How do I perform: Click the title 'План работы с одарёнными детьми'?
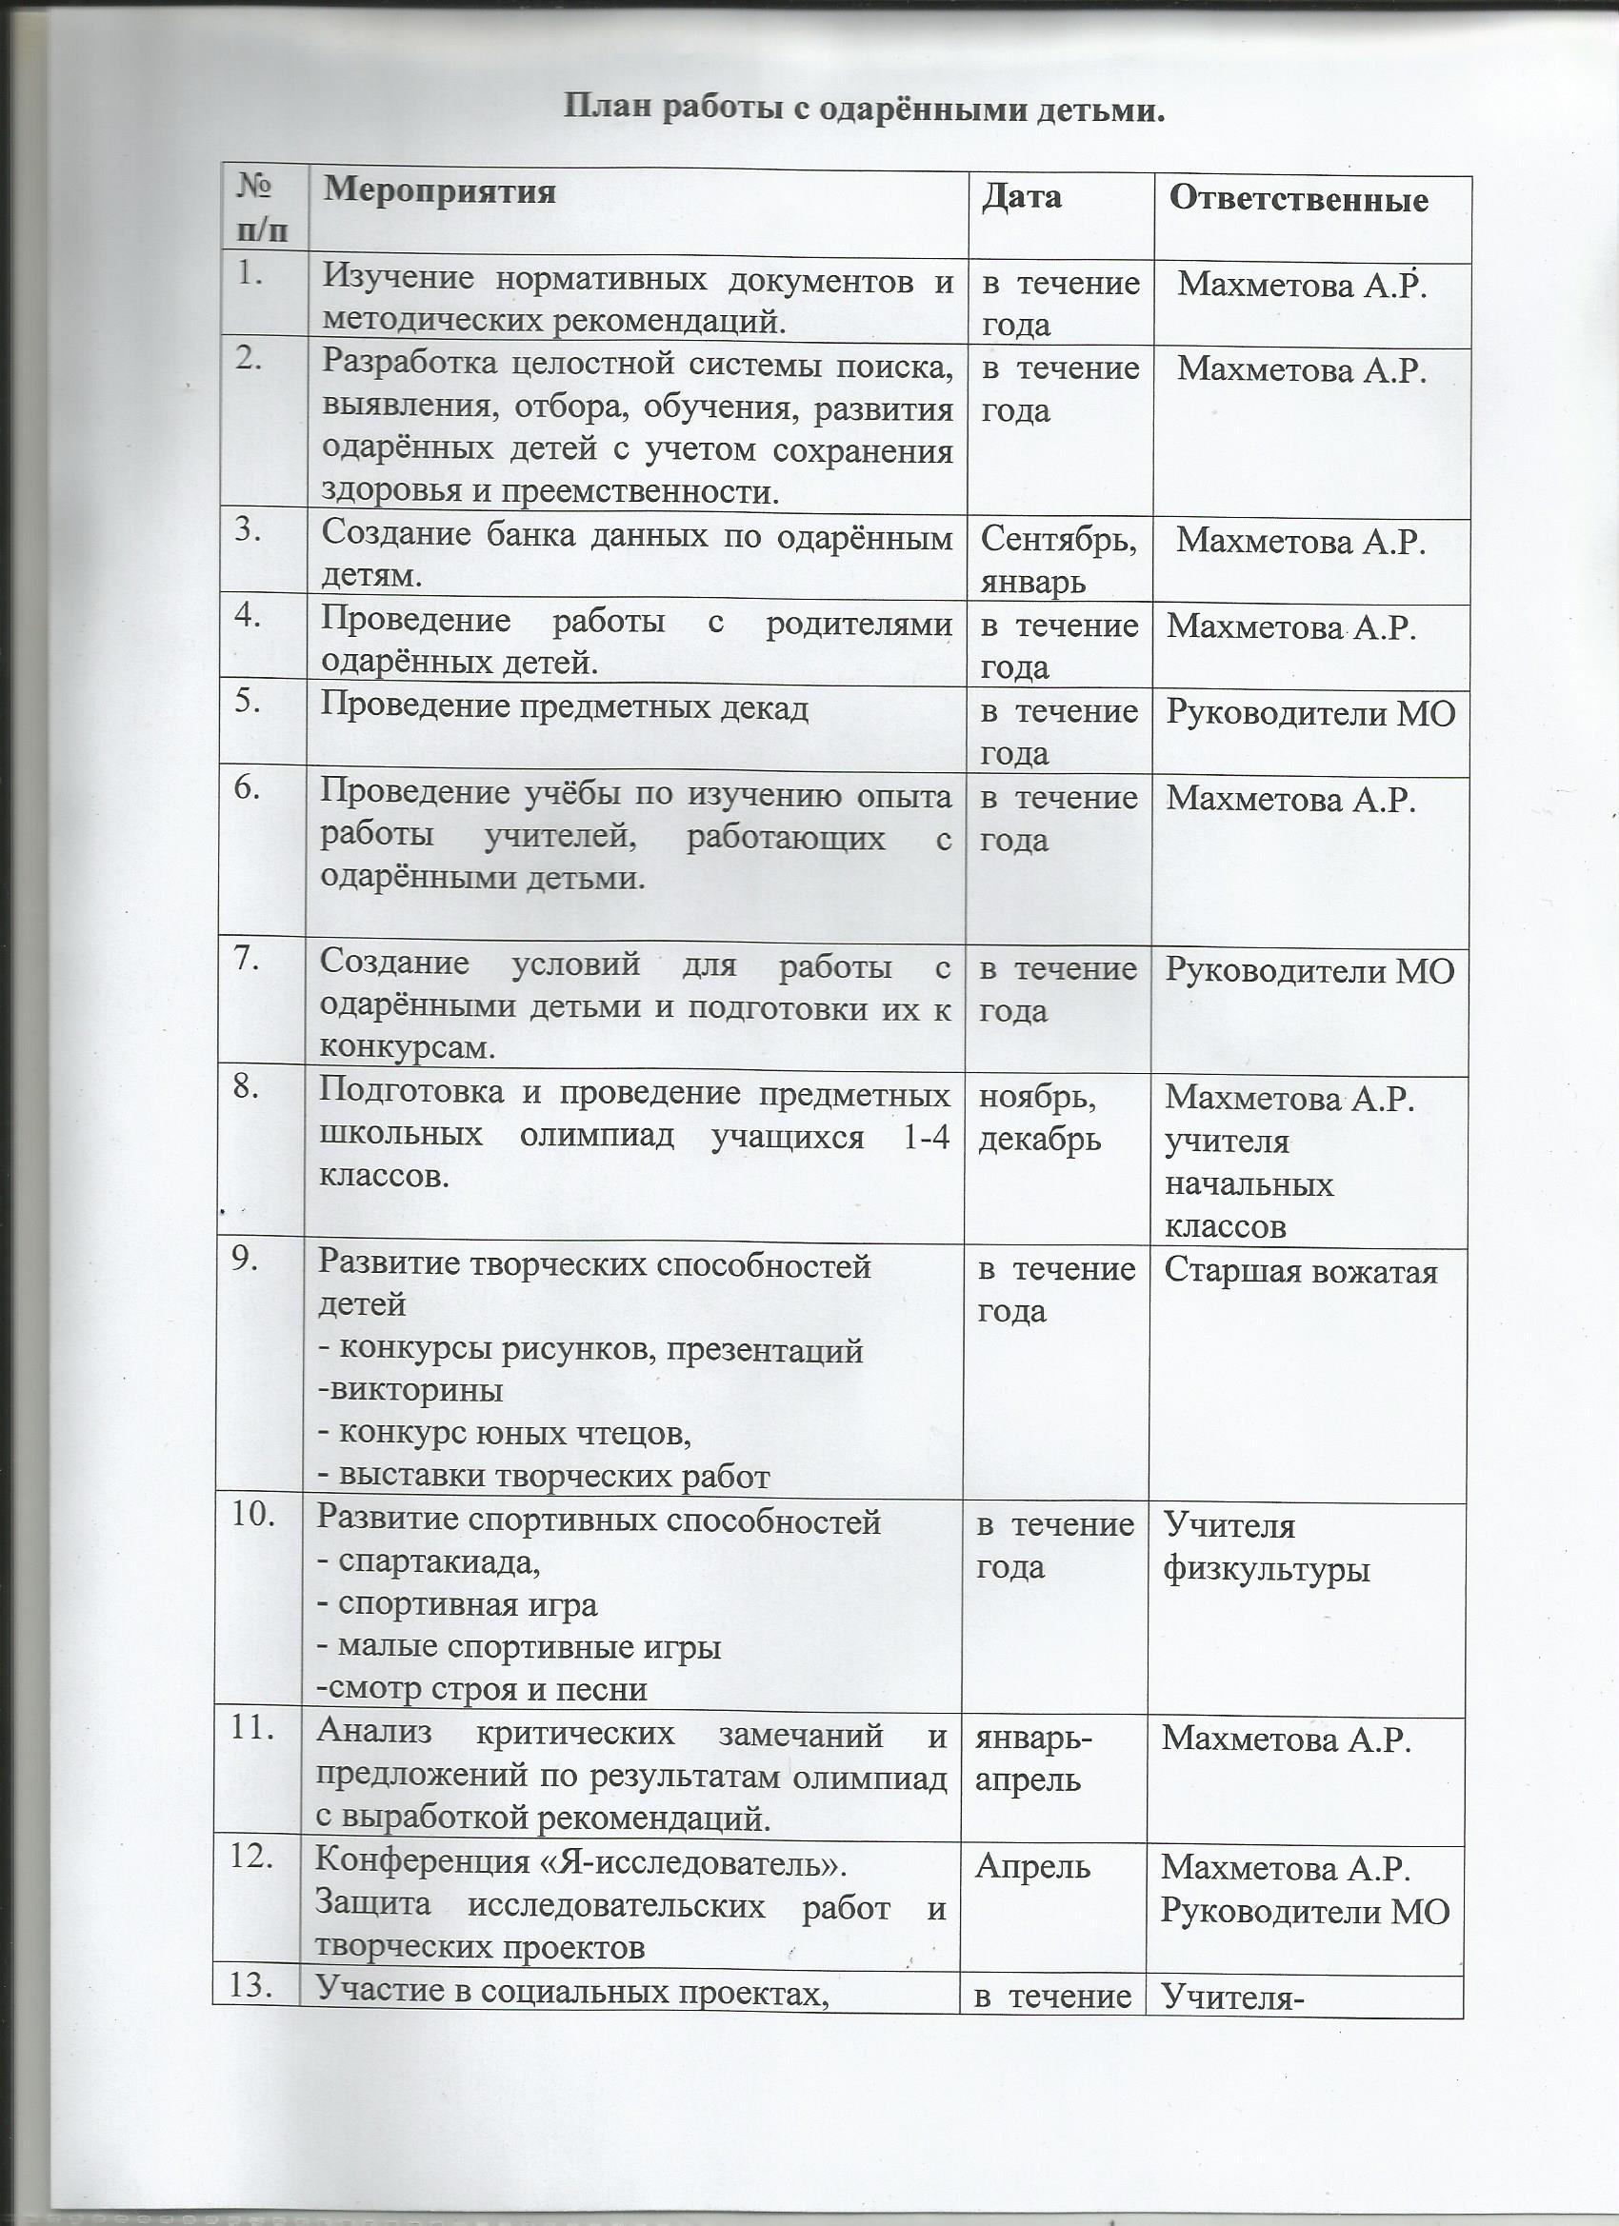tap(863, 109)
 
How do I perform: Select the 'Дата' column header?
tap(1021, 196)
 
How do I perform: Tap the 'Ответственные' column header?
tap(1298, 200)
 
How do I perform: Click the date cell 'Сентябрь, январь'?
tap(1057, 561)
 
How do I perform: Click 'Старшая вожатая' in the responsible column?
tap(1300, 1272)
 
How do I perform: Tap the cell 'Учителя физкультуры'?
tap(1266, 1548)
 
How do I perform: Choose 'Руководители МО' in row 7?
tap(1309, 972)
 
